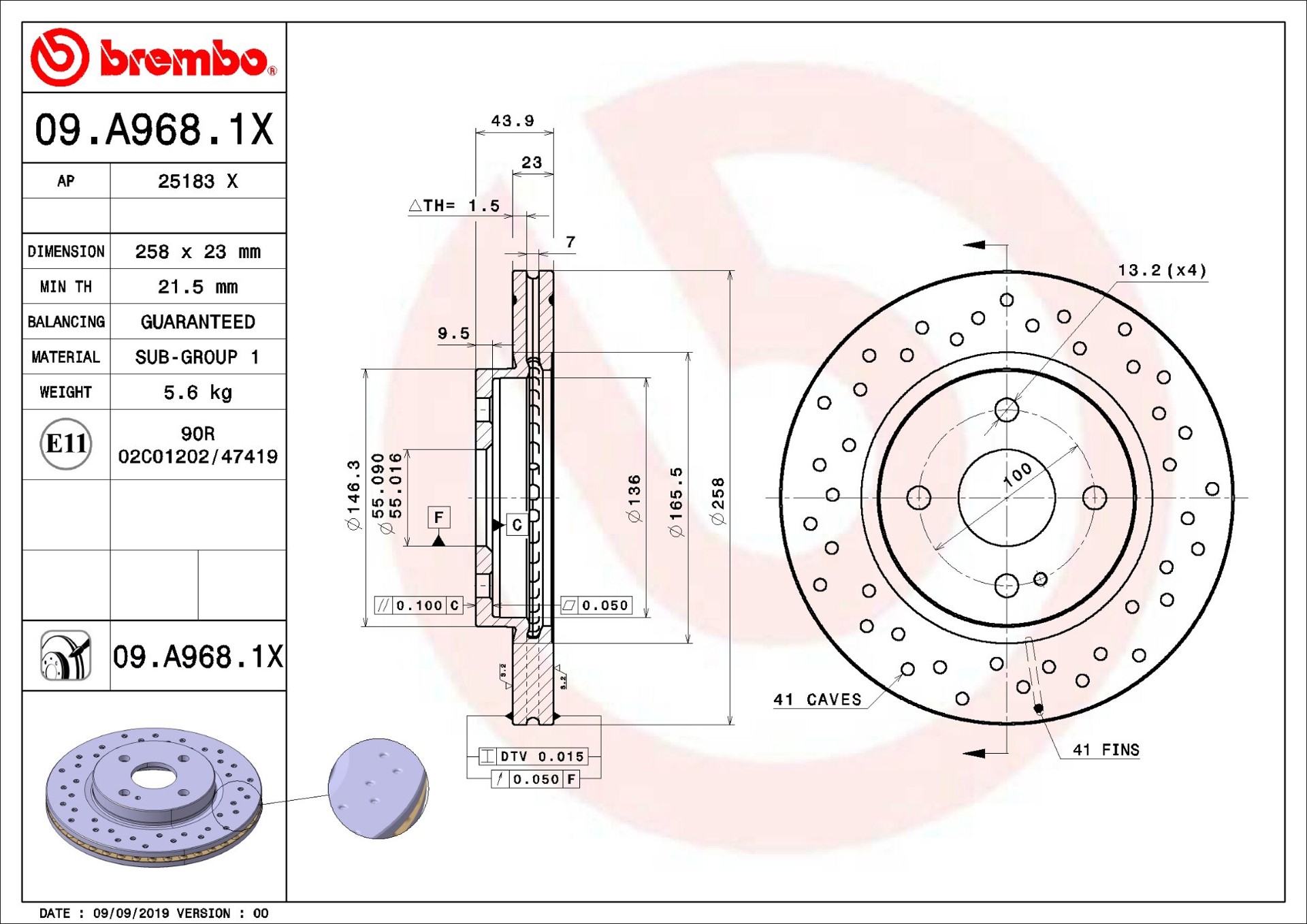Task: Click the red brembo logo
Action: (x=154, y=57)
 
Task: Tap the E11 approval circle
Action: (x=66, y=444)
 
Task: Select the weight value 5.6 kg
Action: (x=197, y=392)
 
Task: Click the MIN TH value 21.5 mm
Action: (x=197, y=287)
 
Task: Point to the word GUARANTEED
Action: (x=197, y=321)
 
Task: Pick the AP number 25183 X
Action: (x=197, y=181)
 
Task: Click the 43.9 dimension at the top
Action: (x=513, y=121)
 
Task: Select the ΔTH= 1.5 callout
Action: (x=454, y=205)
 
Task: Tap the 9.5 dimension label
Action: (x=453, y=333)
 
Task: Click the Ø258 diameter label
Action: (x=717, y=501)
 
